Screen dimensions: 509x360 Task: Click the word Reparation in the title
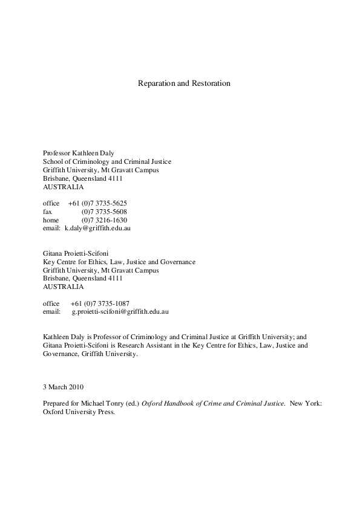(x=156, y=83)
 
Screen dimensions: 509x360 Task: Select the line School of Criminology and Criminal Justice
(x=107, y=161)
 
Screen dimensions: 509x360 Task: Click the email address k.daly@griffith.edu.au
(x=98, y=229)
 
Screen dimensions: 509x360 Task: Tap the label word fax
(x=47, y=212)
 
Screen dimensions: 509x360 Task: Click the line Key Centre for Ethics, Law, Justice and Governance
(x=119, y=262)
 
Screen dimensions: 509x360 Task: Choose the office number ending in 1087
(x=100, y=303)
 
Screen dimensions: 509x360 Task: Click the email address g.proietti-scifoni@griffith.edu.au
(x=120, y=311)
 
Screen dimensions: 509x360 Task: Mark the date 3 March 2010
(x=63, y=386)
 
